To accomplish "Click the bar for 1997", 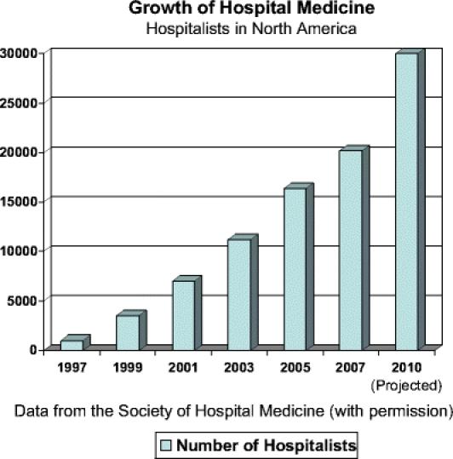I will (72, 344).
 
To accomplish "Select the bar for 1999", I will (128, 331).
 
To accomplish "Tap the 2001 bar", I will (183, 313).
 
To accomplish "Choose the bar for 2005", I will (295, 267).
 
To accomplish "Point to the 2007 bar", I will (351, 249).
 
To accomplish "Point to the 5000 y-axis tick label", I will (25, 300).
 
